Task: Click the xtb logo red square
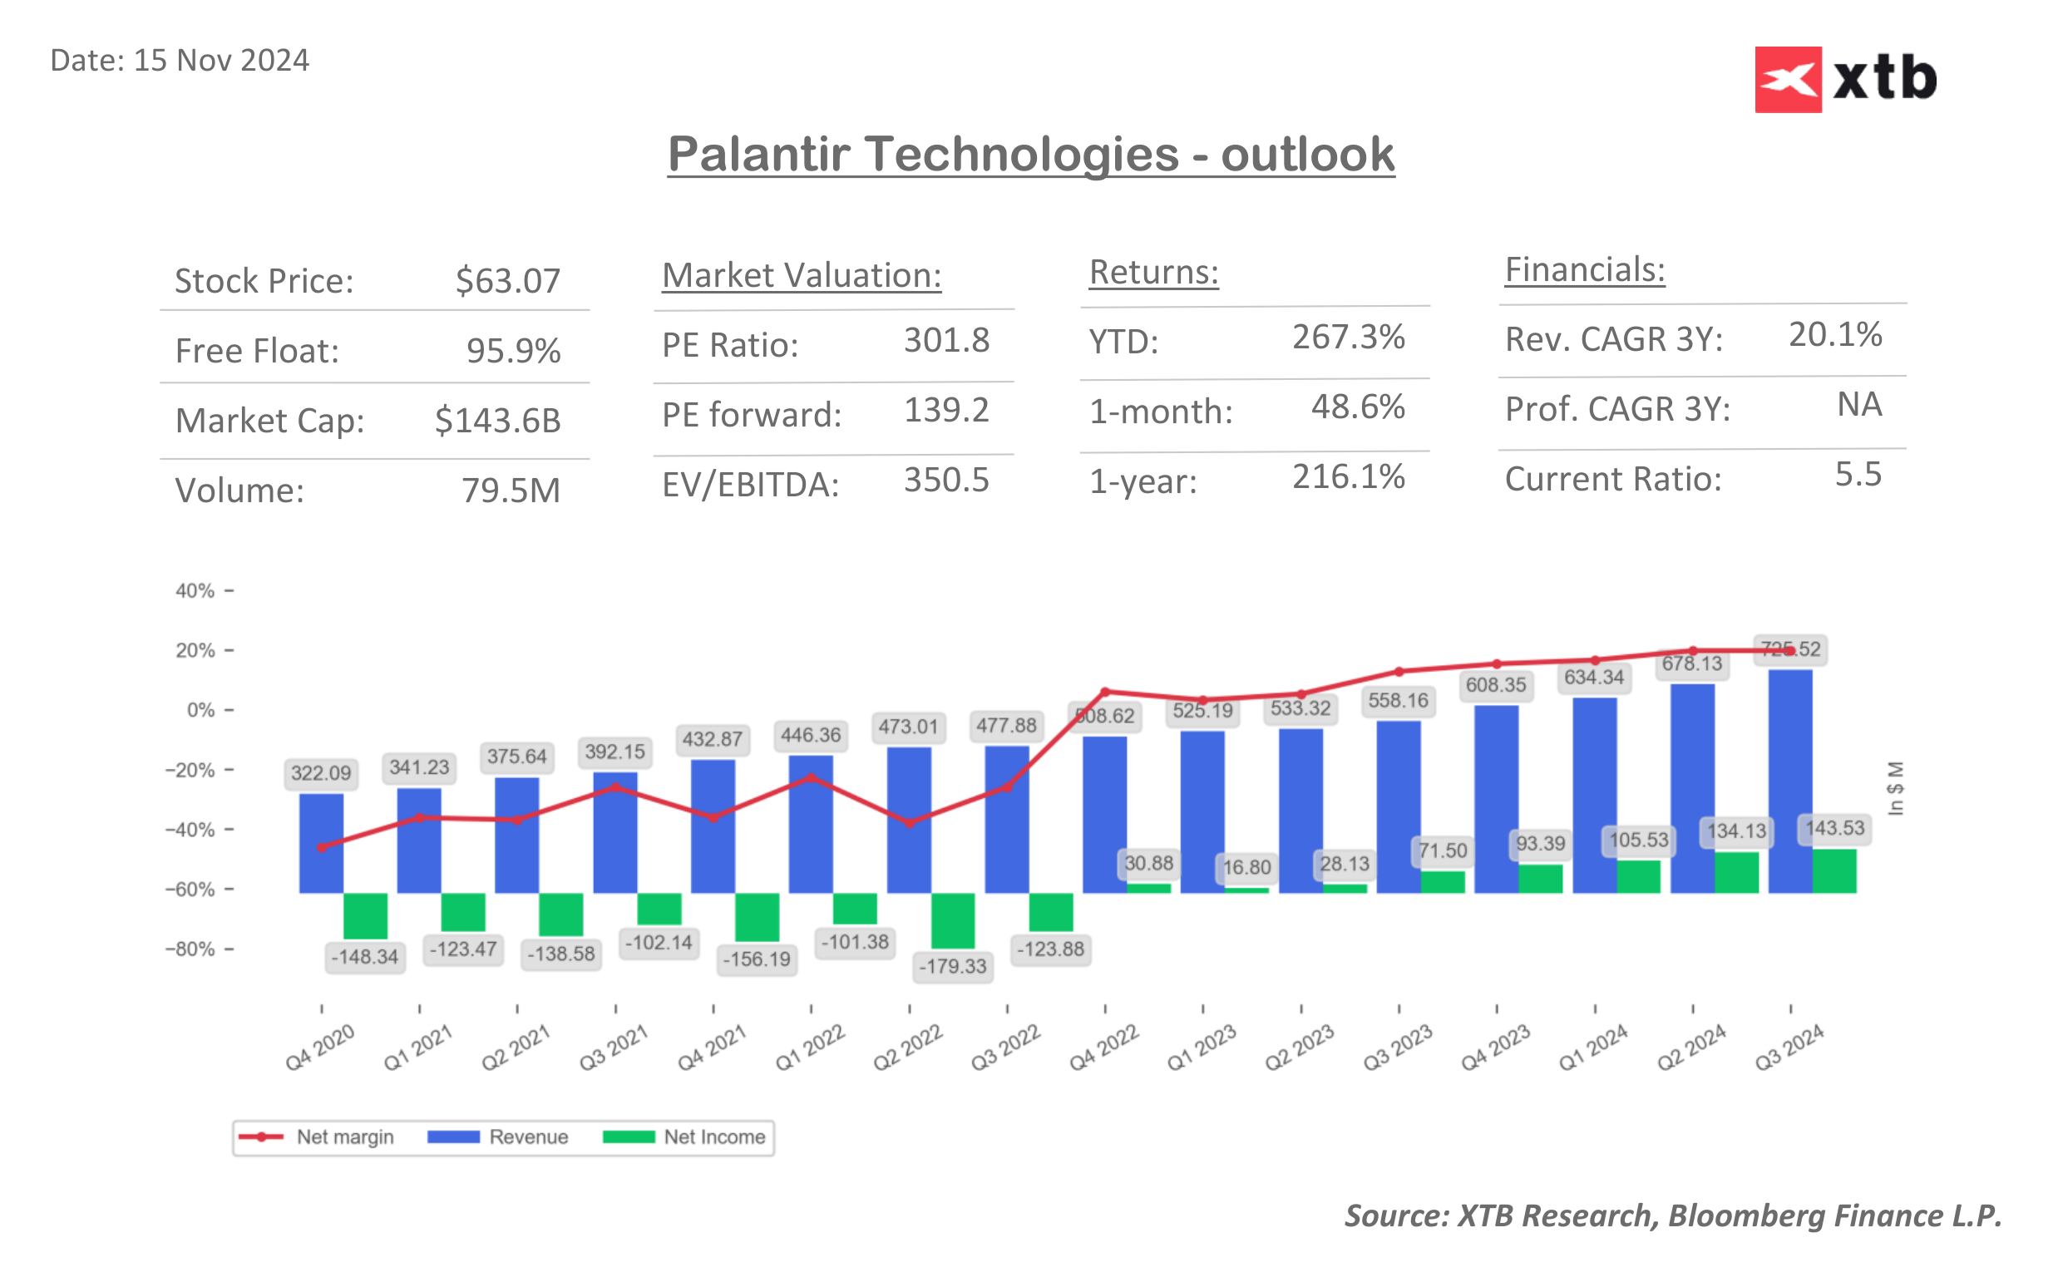tap(1787, 79)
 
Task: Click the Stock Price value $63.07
tap(507, 281)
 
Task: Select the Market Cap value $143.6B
tap(497, 421)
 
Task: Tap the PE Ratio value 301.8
tap(945, 340)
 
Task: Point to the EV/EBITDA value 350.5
tap(945, 480)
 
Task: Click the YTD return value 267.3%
tap(1348, 337)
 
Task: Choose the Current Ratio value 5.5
tap(1857, 474)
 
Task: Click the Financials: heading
tap(1583, 269)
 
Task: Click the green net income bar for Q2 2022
tap(953, 920)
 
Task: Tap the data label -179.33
tap(953, 966)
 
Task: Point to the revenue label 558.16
tap(1398, 700)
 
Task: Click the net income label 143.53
tap(1834, 828)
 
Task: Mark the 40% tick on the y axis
tap(195, 591)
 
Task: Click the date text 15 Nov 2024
tap(220, 61)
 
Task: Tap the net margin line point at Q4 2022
tap(1104, 692)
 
